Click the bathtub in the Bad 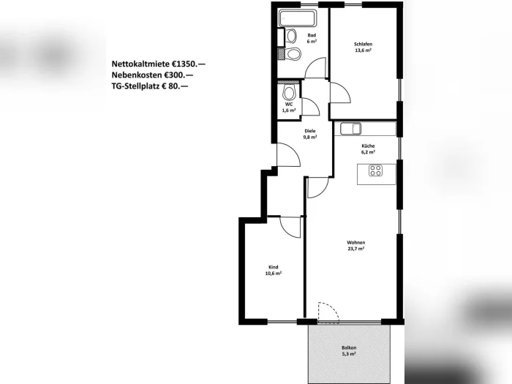298,18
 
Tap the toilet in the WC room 290,93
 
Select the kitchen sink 350,129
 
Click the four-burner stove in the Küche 375,170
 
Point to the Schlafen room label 363,44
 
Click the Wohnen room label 356,243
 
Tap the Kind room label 274,267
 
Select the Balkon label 349,347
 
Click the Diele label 310,131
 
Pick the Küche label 368,146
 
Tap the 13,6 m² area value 363,50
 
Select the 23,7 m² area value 356,249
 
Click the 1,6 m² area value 289,110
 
